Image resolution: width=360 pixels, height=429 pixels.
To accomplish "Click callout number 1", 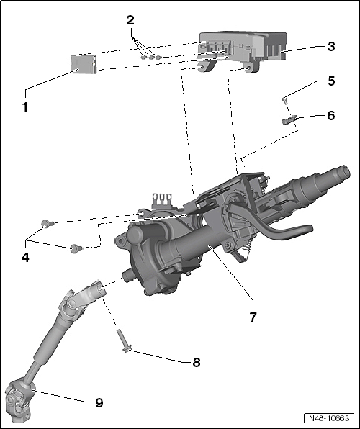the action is tap(25, 107).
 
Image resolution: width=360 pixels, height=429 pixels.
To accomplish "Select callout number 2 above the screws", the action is tap(130, 20).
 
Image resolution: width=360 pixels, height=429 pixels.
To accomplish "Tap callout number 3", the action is tap(331, 47).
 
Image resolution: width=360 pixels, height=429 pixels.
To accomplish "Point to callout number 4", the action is tap(25, 258).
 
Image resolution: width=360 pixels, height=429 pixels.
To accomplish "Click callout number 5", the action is tap(331, 81).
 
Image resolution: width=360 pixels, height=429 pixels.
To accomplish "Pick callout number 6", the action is tap(331, 115).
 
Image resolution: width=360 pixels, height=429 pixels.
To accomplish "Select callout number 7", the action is tap(253, 317).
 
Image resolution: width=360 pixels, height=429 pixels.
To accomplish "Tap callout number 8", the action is tap(197, 363).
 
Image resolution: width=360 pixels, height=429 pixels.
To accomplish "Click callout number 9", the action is tap(99, 403).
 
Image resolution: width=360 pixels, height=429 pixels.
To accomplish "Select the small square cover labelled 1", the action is tap(84, 65).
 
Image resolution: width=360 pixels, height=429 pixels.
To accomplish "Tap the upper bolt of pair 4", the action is tap(48, 224).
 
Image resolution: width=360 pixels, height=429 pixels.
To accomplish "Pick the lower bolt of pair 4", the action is tap(76, 248).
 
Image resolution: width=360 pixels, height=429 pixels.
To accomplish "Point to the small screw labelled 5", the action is tap(284, 100).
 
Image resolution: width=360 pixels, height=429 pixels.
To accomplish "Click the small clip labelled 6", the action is tap(288, 119).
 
